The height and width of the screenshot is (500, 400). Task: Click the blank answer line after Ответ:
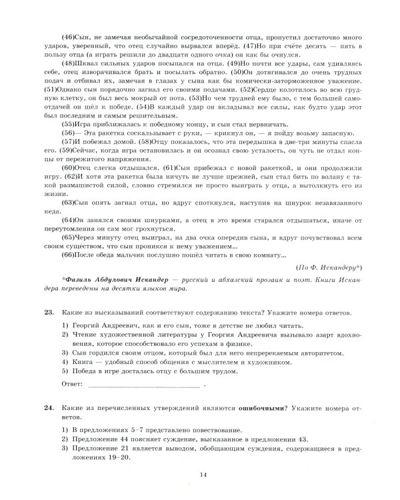(143, 385)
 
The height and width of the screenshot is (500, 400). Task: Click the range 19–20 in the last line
(122, 458)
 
